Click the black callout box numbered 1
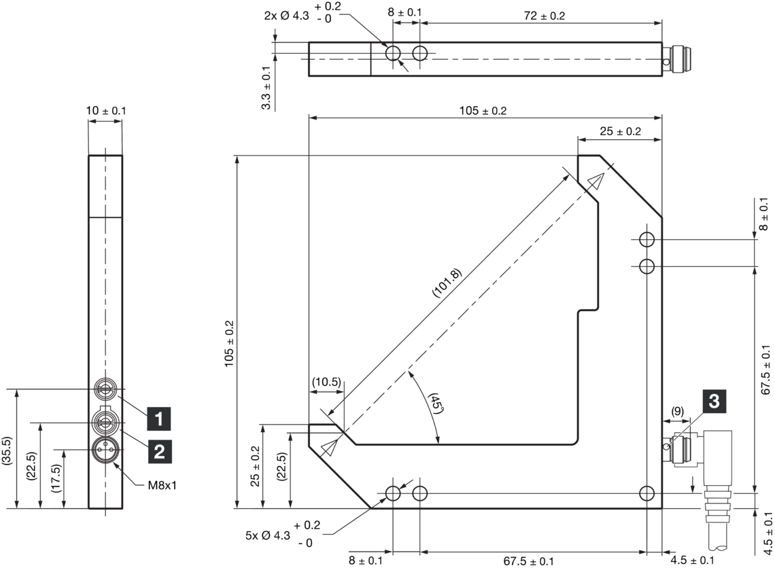point(158,419)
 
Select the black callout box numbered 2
point(159,451)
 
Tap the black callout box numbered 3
point(714,401)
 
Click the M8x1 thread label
point(162,486)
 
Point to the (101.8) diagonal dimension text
point(447,283)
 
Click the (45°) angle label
point(435,404)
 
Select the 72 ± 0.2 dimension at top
point(544,16)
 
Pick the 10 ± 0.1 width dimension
point(106,111)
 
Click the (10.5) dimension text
point(326,382)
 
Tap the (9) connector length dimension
point(677,412)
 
